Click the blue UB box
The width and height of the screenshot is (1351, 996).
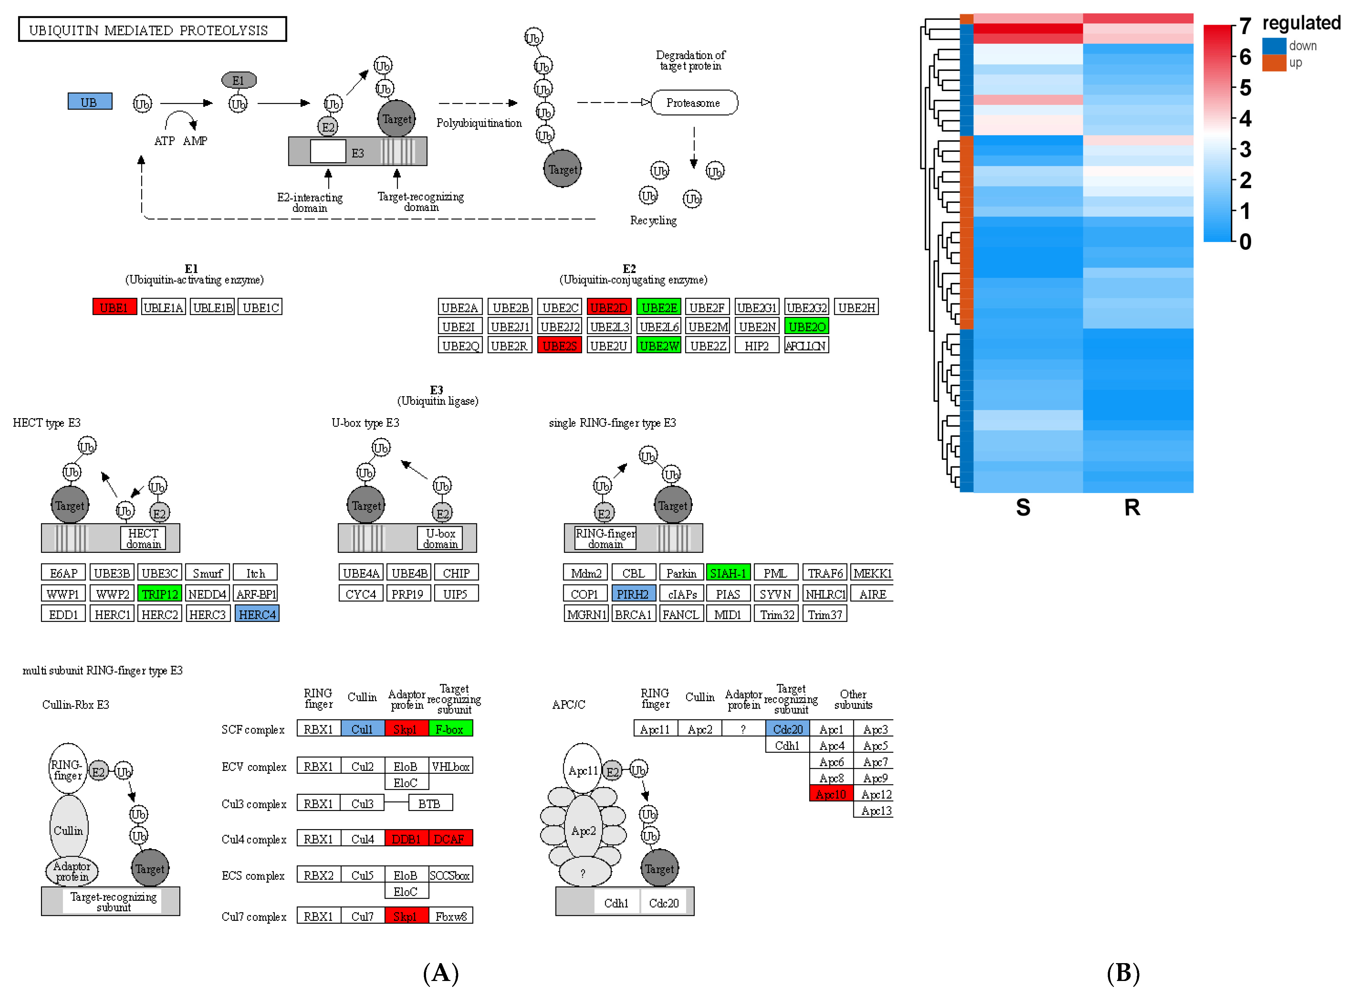tap(89, 102)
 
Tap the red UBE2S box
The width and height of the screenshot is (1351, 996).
tap(559, 346)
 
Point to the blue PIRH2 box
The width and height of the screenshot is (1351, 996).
tap(632, 594)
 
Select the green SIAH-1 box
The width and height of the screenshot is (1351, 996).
tap(728, 573)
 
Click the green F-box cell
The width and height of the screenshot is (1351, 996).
tap(450, 729)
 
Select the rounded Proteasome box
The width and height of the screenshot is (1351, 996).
tap(693, 102)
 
